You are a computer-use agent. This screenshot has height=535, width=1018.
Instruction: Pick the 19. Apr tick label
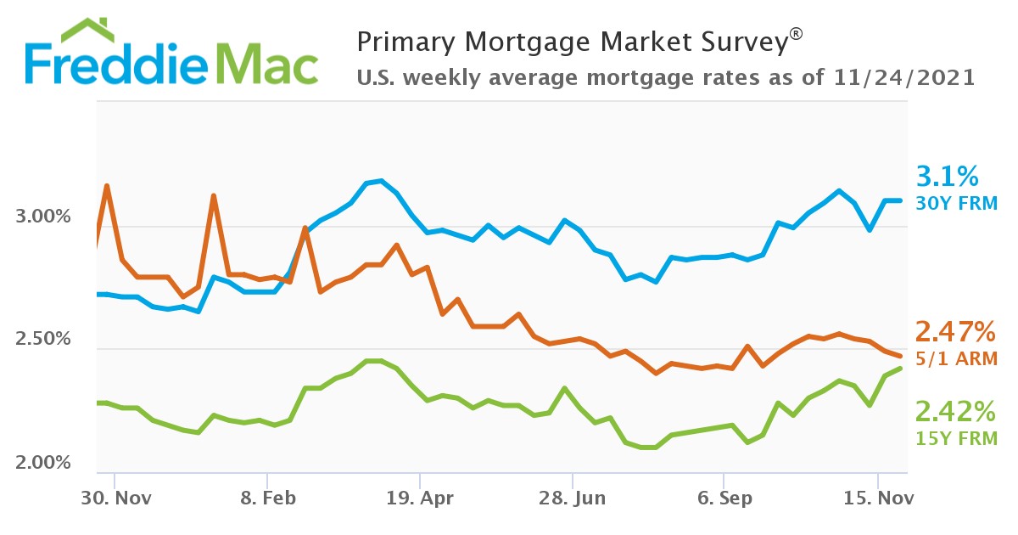(419, 498)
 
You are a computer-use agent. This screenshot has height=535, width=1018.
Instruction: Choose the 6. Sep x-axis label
(724, 498)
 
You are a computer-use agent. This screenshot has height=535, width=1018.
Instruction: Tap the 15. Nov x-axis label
(877, 498)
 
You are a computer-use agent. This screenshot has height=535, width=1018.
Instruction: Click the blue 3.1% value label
(948, 177)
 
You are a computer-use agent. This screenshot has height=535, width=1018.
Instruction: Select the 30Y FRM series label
(956, 203)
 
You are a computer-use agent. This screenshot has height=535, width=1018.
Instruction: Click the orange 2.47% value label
(954, 331)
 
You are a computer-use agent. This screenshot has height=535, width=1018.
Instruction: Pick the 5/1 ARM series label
(956, 358)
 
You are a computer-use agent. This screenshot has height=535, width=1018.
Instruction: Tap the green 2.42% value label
(954, 412)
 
